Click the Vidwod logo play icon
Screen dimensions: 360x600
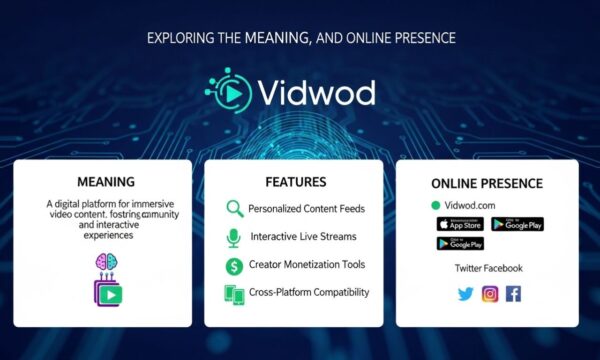[x=229, y=91]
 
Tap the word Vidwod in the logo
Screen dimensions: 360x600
[x=315, y=92]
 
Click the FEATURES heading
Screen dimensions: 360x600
[x=296, y=182]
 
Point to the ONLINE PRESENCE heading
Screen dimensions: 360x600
[x=487, y=184]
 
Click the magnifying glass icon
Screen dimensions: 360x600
[x=234, y=209]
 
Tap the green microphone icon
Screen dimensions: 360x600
[x=234, y=237]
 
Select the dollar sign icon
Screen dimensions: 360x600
[x=234, y=265]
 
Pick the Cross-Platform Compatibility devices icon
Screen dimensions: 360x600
[x=234, y=294]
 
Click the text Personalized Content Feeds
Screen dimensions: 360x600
[x=308, y=209]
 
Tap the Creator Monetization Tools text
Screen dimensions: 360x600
[x=307, y=265]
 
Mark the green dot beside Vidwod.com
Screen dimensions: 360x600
[x=435, y=204]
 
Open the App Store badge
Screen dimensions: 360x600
[x=459, y=224]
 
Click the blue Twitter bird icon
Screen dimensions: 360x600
[x=465, y=294]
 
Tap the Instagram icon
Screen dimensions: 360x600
[x=490, y=294]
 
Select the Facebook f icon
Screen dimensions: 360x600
[x=513, y=294]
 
